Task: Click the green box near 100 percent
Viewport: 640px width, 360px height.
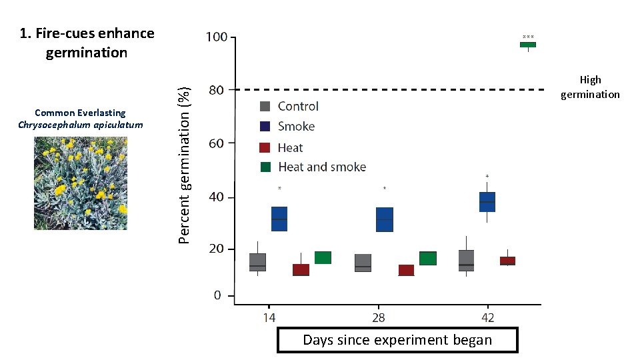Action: point(527,45)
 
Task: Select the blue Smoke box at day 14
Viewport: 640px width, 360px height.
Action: point(279,219)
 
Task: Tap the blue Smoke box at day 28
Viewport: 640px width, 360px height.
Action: point(385,219)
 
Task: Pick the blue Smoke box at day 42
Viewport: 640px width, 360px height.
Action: point(487,202)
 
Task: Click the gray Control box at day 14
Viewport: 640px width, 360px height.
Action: point(257,262)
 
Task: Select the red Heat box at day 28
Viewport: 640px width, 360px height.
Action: point(406,270)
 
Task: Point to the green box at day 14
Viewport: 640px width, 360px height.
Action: point(323,257)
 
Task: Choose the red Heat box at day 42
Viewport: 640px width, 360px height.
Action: point(507,261)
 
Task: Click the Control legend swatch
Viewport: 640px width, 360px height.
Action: point(265,106)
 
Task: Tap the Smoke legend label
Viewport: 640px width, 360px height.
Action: point(296,126)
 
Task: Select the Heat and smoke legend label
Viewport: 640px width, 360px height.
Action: point(321,167)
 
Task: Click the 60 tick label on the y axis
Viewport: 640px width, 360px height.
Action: point(217,143)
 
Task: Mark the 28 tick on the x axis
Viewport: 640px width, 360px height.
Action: point(378,317)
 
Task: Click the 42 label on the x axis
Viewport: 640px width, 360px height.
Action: point(488,317)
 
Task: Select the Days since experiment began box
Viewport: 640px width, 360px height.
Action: point(397,340)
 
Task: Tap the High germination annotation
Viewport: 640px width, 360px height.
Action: point(590,87)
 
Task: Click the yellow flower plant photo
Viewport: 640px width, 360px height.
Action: point(80,183)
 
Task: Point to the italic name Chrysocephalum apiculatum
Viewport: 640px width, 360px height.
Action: point(80,125)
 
